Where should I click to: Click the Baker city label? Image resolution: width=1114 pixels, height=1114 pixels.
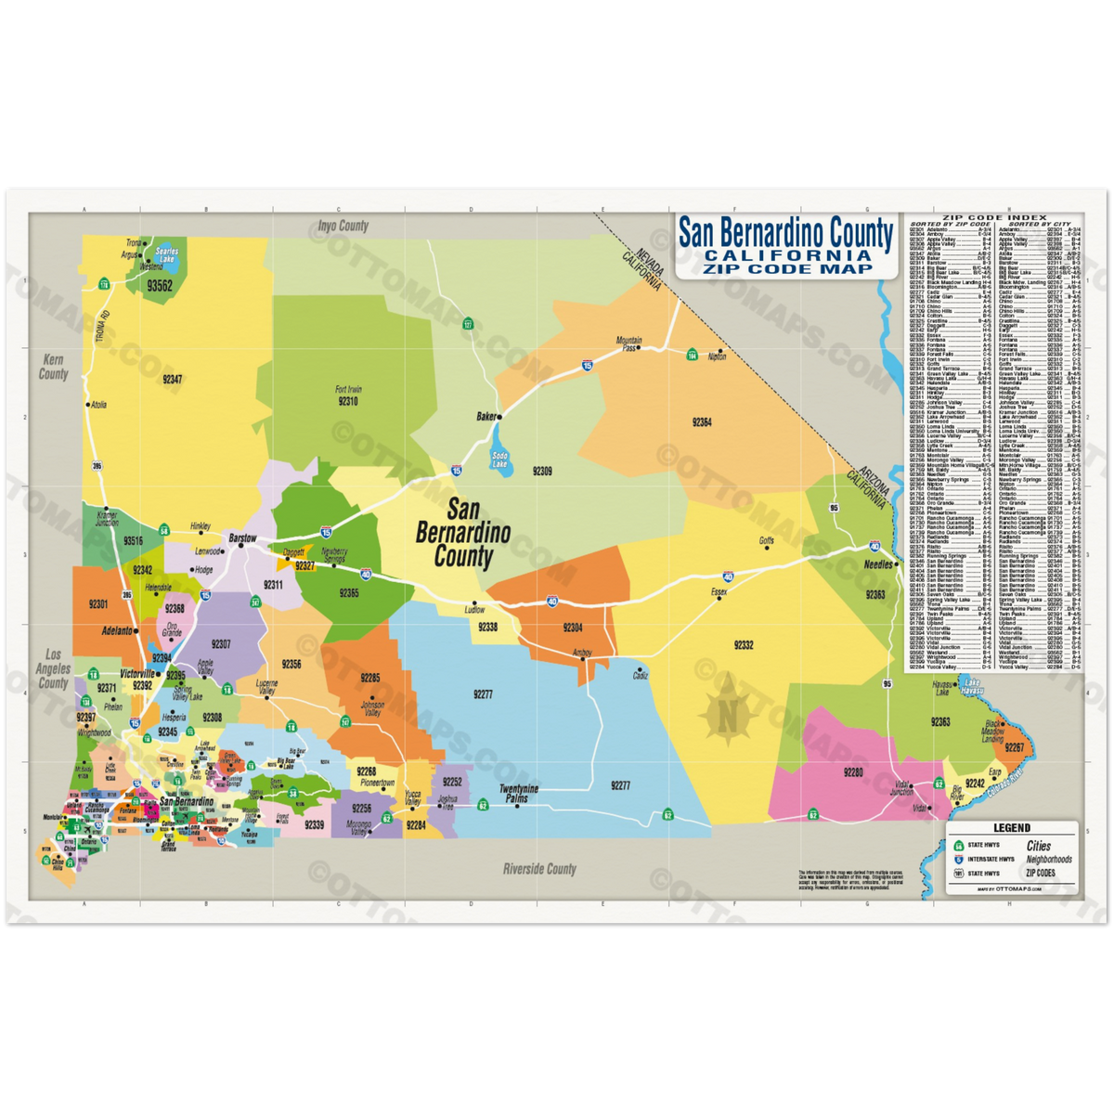[487, 417]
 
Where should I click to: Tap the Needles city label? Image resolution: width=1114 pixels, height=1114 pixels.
[878, 564]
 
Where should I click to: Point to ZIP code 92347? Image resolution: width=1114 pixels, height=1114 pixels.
[172, 379]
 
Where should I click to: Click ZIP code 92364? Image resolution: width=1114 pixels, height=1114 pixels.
[702, 422]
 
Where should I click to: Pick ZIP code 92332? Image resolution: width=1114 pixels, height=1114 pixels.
[743, 644]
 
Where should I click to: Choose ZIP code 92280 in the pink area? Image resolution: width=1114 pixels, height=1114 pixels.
[853, 771]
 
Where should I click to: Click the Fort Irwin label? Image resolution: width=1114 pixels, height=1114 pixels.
[348, 390]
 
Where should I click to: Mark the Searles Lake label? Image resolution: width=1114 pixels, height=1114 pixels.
[166, 256]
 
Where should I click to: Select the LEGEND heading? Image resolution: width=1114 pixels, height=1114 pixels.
[1011, 828]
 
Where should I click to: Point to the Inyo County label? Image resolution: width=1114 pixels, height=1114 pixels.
[343, 226]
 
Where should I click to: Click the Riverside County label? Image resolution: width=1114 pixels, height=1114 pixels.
[539, 869]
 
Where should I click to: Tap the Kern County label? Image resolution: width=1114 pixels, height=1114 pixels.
[54, 367]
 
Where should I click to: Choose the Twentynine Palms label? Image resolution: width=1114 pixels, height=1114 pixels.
[519, 794]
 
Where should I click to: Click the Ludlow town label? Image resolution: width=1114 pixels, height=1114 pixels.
[475, 610]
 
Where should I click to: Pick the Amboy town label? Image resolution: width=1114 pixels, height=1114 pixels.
[582, 652]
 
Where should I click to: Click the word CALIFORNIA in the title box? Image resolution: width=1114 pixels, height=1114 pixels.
[785, 255]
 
